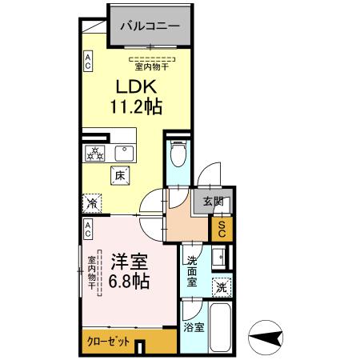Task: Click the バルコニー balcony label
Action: pos(150,26)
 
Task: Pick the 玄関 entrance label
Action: pos(212,202)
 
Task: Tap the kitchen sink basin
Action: pos(125,153)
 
